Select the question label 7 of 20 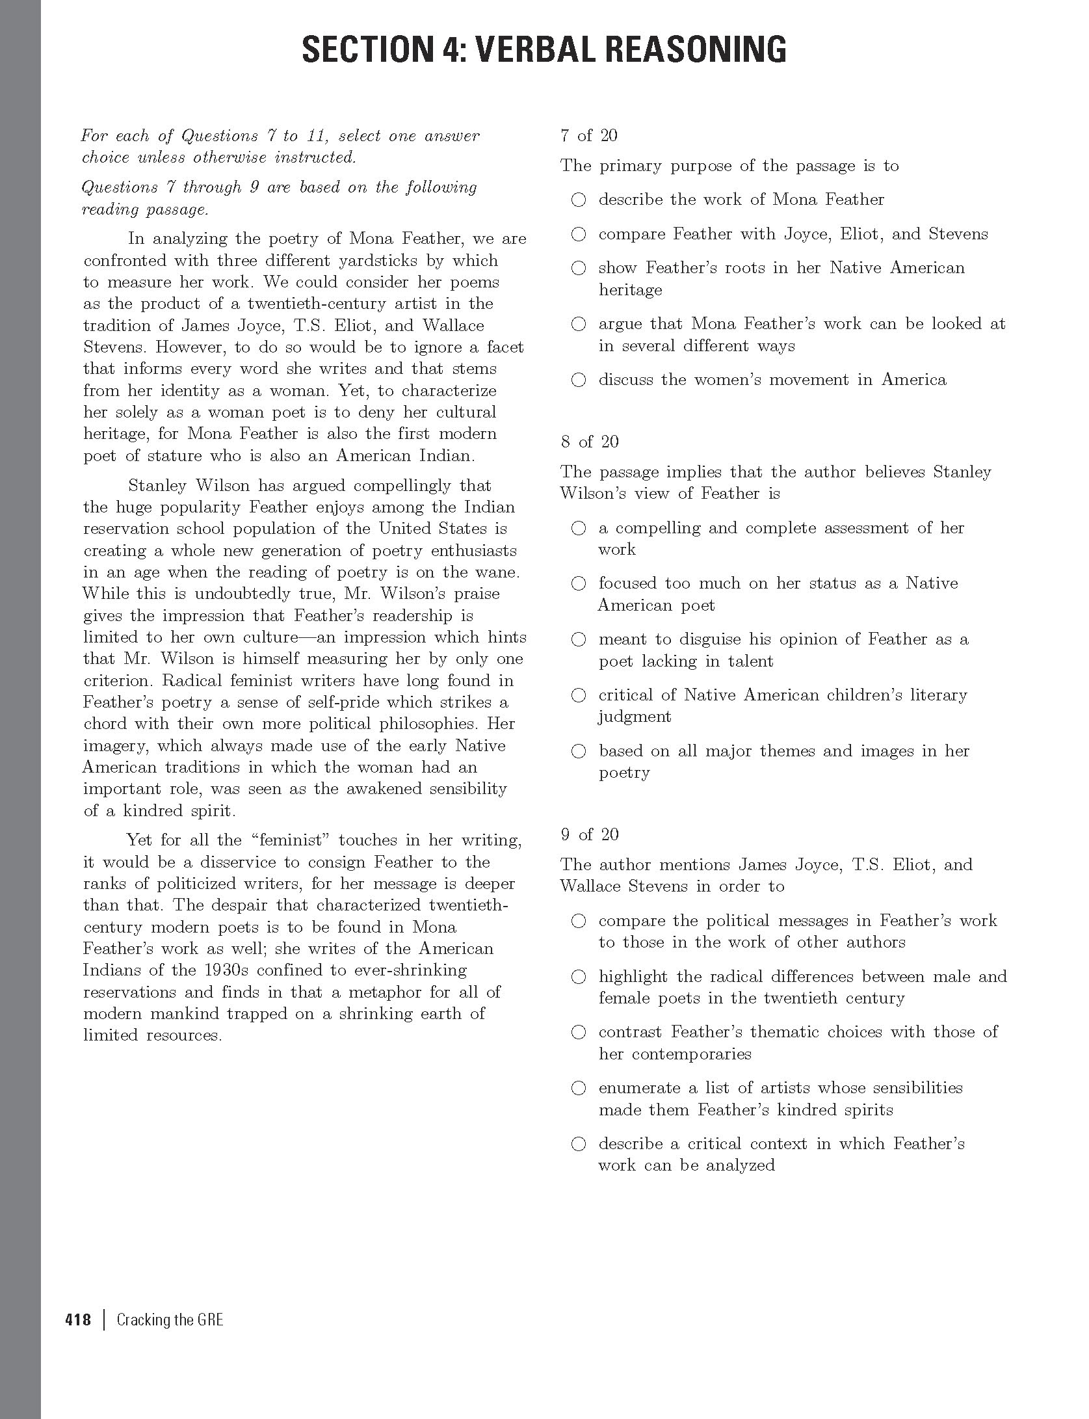[x=589, y=135]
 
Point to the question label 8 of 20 [x=589, y=442]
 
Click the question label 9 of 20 [x=589, y=834]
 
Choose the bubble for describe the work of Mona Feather [x=578, y=200]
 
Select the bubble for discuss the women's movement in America [x=578, y=380]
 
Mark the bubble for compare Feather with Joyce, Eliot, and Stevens [x=578, y=234]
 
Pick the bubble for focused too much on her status [x=578, y=584]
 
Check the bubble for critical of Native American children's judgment [x=578, y=696]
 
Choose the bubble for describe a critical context [x=578, y=1144]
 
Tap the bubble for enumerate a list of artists [x=578, y=1088]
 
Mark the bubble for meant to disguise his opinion [x=578, y=640]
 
